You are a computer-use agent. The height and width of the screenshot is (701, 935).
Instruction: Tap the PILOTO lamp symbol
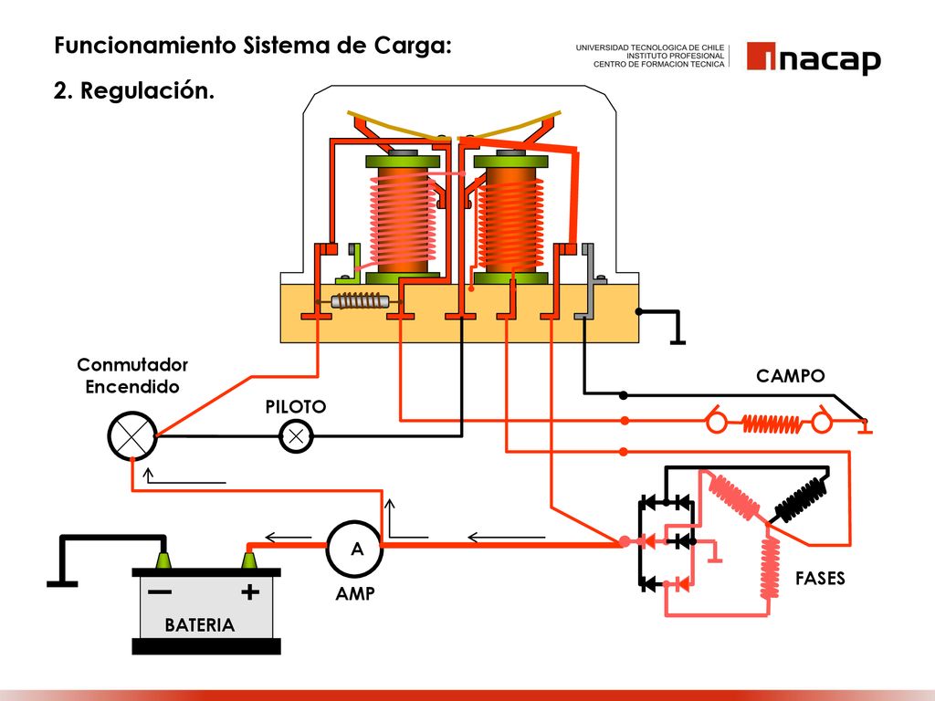click(x=296, y=436)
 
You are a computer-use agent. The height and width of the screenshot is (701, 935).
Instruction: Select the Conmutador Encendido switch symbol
click(x=132, y=435)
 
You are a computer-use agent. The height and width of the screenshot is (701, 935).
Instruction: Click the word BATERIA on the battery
click(x=200, y=624)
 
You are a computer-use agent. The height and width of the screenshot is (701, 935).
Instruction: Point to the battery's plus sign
click(x=250, y=591)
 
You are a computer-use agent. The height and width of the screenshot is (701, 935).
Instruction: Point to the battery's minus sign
click(x=159, y=591)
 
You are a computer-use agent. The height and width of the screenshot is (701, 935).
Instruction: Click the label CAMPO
click(x=790, y=376)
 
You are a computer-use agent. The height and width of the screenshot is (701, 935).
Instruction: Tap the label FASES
click(x=820, y=578)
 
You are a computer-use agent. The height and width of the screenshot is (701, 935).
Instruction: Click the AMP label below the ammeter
click(x=355, y=593)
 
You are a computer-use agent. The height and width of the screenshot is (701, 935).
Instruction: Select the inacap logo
click(x=814, y=58)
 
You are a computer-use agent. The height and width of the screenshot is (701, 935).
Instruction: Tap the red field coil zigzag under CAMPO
click(x=771, y=424)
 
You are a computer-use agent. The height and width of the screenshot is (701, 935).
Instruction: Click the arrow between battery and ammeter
click(x=288, y=538)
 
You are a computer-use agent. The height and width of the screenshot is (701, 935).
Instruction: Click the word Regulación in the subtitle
click(x=147, y=91)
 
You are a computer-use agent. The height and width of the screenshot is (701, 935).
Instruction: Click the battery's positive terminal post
click(x=250, y=560)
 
